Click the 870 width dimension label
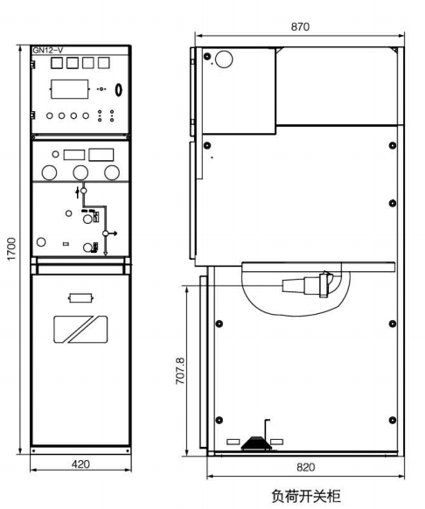300,26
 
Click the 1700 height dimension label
11,249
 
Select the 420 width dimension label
80,464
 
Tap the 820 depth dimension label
305,467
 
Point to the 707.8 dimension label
180,371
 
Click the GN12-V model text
48,51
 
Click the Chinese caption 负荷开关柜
306,496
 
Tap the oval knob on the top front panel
119,89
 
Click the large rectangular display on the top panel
69,89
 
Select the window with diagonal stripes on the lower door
80,329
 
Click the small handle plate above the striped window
80,297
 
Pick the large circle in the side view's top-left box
224,59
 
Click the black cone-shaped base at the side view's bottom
256,443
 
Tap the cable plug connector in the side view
308,285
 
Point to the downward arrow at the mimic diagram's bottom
105,253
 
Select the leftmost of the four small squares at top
57,63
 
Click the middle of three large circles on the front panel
80,172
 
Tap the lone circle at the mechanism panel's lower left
41,242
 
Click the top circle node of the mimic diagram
83,191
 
